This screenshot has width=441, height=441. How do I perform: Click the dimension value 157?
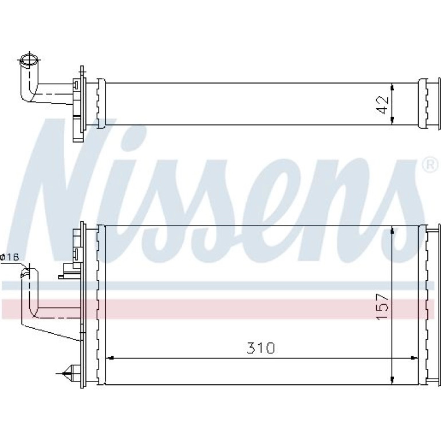[x=382, y=306]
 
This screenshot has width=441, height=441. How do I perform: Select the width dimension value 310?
[x=261, y=348]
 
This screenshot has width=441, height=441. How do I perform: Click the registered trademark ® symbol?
[x=430, y=166]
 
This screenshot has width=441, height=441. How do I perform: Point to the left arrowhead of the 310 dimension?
[x=110, y=358]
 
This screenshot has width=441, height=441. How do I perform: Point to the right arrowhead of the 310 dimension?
[x=414, y=358]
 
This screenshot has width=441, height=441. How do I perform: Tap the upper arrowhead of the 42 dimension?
[x=392, y=87]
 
